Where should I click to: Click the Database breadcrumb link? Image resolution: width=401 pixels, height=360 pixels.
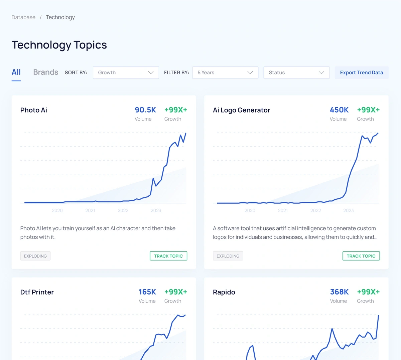(23, 17)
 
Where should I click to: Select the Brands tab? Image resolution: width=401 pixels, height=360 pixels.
(45, 72)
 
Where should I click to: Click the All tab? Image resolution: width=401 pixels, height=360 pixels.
(16, 72)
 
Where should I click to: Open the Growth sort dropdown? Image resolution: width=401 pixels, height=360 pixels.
(126, 73)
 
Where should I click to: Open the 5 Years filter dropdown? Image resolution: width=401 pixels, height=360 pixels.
(225, 73)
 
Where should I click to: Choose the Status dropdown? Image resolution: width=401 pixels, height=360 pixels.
(296, 73)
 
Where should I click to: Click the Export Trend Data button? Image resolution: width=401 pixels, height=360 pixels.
(361, 73)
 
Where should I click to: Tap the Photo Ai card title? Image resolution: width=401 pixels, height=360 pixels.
(34, 110)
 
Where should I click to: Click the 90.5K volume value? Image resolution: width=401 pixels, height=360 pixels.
(145, 110)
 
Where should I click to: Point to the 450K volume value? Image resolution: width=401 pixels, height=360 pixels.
(339, 110)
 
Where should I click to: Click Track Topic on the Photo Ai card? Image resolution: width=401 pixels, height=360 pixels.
(168, 256)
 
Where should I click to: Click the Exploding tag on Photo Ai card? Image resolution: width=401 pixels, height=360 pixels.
(35, 256)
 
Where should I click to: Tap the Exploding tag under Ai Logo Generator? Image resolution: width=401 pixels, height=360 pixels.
(228, 256)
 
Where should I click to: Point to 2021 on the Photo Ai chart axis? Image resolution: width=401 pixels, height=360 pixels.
(90, 210)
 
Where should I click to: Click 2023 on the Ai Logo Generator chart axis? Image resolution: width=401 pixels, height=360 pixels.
(348, 210)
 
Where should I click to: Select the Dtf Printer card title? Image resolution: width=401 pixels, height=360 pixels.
(37, 292)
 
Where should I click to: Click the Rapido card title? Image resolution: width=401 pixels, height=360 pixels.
(224, 292)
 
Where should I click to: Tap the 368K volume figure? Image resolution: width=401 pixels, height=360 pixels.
(339, 292)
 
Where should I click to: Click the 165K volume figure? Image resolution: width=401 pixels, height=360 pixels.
(147, 292)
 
